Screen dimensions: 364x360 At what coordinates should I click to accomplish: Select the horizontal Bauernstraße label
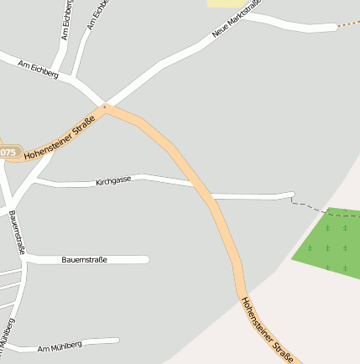[84, 259]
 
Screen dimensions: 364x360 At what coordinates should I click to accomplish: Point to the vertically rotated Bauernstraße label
[17, 231]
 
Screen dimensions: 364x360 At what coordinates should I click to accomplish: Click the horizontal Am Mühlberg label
[60, 346]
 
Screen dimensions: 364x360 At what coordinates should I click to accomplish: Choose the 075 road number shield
[8, 152]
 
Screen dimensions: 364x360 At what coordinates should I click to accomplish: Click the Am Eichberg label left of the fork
[38, 70]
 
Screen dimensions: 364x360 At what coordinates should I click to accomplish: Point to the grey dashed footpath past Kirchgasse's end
[323, 211]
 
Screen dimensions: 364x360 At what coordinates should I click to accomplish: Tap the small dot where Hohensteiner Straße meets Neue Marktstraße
[105, 107]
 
